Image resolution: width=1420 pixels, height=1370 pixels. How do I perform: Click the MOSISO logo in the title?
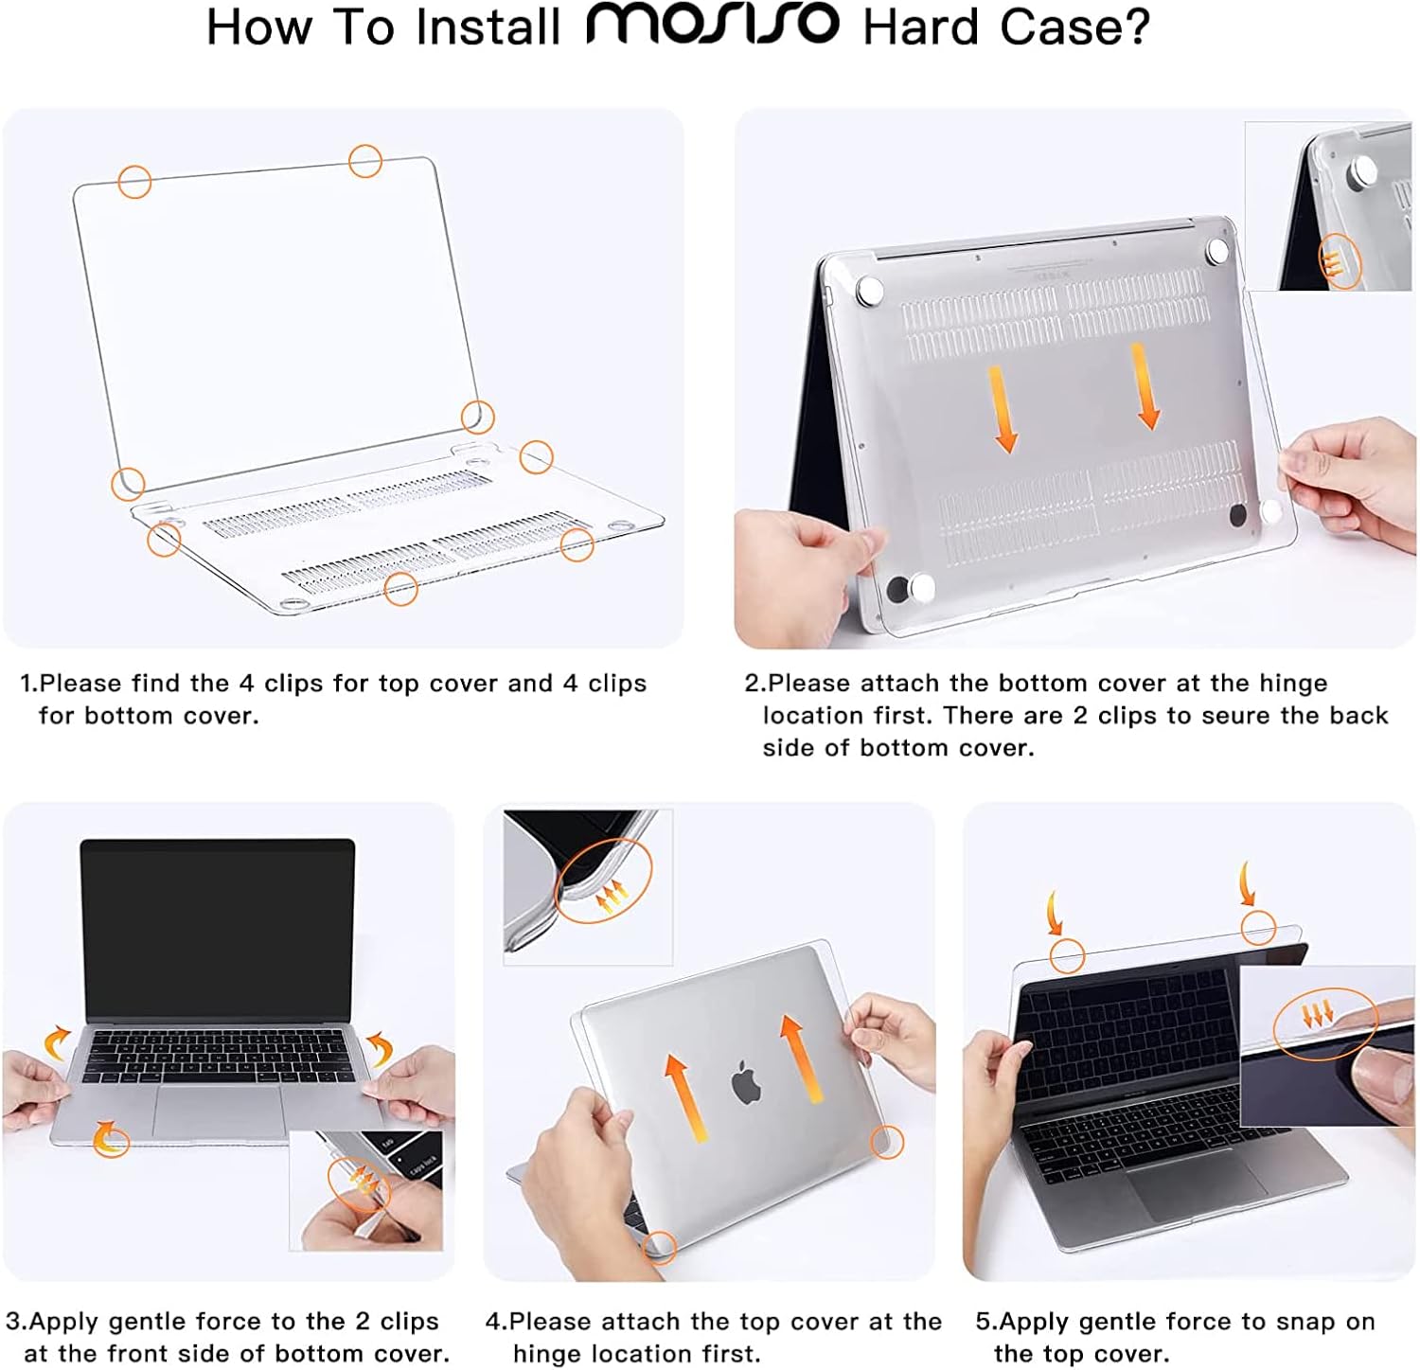[712, 25]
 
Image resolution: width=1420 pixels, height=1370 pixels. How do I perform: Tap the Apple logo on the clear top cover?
[747, 1083]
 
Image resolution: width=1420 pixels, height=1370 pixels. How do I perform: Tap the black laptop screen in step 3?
[218, 932]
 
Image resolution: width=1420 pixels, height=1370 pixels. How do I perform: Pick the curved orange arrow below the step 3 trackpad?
[111, 1135]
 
